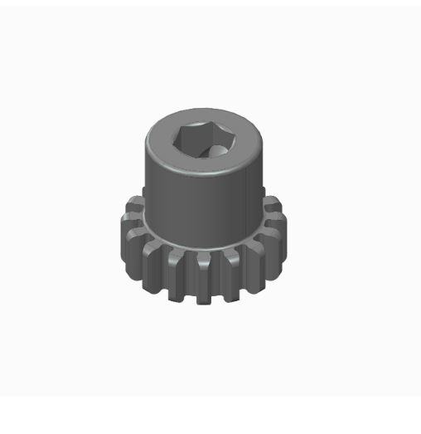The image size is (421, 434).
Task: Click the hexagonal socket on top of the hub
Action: (204, 141)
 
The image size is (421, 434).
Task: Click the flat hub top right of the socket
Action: (246, 146)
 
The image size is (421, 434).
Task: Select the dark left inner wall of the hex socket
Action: (186, 139)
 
